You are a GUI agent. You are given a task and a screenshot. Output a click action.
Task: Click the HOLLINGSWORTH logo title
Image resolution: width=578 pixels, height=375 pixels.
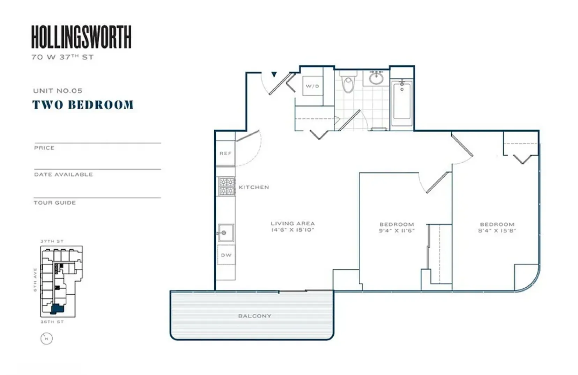81,37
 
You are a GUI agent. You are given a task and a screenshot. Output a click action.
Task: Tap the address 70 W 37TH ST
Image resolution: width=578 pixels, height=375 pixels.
62,57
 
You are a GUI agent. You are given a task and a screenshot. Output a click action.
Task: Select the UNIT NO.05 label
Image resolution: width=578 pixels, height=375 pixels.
58,91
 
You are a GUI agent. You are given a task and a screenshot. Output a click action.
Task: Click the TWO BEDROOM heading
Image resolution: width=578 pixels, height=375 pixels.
83,105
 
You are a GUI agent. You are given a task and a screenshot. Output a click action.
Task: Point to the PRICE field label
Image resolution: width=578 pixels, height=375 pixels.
44,148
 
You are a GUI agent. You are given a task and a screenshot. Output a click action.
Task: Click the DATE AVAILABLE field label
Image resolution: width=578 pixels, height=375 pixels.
64,175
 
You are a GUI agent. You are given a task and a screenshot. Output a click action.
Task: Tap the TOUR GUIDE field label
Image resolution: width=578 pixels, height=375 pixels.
55,203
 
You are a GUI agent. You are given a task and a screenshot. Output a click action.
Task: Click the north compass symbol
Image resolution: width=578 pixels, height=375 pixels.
46,338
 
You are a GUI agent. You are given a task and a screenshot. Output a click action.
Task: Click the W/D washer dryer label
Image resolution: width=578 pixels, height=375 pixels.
312,86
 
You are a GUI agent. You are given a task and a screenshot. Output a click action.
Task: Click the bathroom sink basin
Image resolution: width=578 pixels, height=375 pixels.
376,78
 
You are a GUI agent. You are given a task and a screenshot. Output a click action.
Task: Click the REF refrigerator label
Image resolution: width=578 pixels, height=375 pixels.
225,153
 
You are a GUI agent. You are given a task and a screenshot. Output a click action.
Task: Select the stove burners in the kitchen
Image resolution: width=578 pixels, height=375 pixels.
227,186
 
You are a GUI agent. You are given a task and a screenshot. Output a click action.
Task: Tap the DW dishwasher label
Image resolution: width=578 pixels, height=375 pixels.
226,255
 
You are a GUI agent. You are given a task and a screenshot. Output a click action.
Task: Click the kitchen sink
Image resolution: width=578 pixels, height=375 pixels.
226,233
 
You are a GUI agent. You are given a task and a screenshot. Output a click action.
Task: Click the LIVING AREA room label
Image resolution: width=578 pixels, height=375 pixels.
292,223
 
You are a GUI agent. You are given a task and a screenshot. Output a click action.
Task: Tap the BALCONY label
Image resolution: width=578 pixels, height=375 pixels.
254,316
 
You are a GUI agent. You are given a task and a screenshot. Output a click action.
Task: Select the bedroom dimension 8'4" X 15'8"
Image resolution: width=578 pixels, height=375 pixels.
497,231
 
